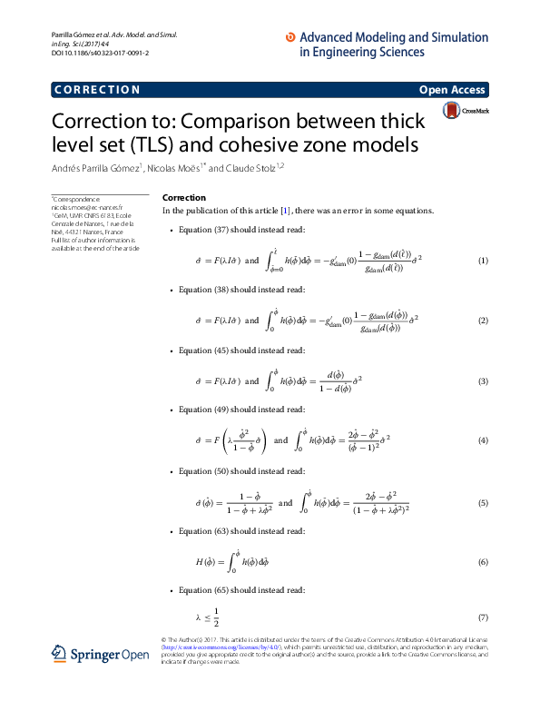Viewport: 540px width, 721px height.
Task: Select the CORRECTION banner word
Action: click(x=97, y=90)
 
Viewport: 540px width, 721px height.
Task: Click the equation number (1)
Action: click(x=483, y=262)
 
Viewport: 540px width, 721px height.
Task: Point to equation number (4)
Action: click(x=483, y=440)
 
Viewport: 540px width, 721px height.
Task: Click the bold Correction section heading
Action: click(x=183, y=198)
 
